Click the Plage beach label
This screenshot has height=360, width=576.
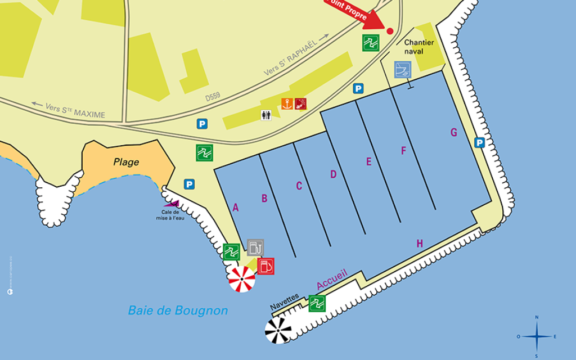(x=126, y=162)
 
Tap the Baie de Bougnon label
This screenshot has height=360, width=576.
(x=178, y=310)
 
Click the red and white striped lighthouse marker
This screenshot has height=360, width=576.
(x=242, y=279)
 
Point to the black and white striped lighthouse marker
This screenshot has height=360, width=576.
(x=278, y=330)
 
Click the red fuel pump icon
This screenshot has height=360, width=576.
(x=266, y=265)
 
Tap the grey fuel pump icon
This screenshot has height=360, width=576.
(x=255, y=247)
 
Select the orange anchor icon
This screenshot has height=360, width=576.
(x=287, y=103)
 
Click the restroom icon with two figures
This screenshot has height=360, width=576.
(x=267, y=115)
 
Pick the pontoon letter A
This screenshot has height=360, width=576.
(x=236, y=208)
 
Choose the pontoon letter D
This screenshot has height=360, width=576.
(x=333, y=174)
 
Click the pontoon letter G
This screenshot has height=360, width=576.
(x=453, y=133)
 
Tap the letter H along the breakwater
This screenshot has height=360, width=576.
(x=420, y=244)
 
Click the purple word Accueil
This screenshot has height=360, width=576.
(x=332, y=280)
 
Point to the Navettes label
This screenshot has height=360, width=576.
(x=285, y=301)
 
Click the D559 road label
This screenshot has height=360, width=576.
(x=213, y=97)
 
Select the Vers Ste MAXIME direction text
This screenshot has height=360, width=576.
(x=69, y=110)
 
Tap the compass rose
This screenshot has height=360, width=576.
(x=536, y=336)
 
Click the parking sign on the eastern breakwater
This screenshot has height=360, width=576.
(x=479, y=143)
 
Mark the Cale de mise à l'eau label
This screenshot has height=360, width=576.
(x=170, y=215)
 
